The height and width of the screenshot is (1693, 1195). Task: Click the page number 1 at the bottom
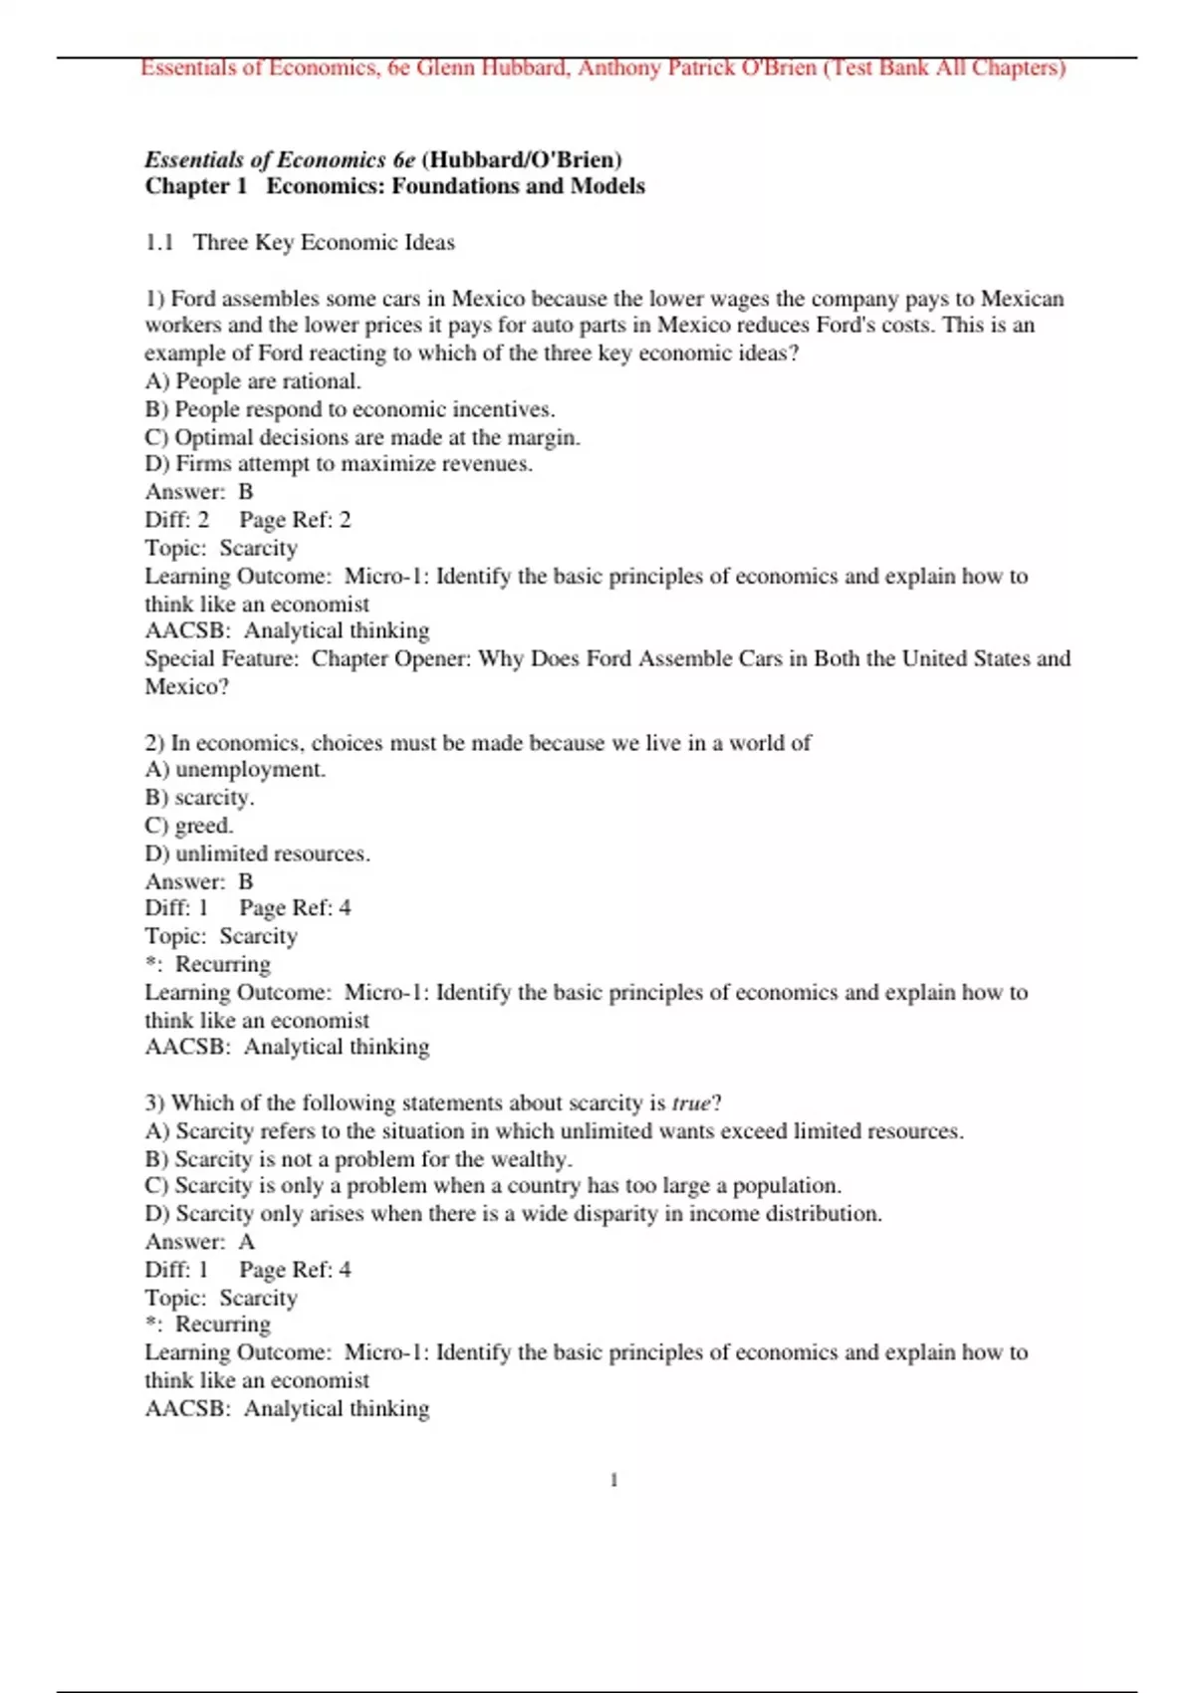pyautogui.click(x=613, y=1480)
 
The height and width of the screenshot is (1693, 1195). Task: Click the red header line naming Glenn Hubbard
pyautogui.click(x=602, y=68)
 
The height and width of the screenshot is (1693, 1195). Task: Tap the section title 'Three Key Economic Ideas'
pyautogui.click(x=324, y=242)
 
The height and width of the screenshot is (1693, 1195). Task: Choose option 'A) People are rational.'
pyautogui.click(x=253, y=380)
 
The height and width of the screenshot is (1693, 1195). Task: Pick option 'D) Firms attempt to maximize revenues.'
pyautogui.click(x=339, y=463)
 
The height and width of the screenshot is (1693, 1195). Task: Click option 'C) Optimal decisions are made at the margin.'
pyautogui.click(x=362, y=436)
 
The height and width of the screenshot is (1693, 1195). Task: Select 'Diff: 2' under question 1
pyautogui.click(x=177, y=519)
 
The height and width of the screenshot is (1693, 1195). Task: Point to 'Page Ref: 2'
pyautogui.click(x=295, y=519)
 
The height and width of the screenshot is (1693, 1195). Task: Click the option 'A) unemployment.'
pyautogui.click(x=235, y=769)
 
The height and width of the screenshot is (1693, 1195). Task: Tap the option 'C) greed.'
pyautogui.click(x=189, y=825)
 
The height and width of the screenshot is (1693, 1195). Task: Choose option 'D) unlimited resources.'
pyautogui.click(x=257, y=853)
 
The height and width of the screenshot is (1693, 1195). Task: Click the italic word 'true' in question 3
pyautogui.click(x=691, y=1103)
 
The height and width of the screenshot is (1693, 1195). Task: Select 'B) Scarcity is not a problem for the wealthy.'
pyautogui.click(x=358, y=1158)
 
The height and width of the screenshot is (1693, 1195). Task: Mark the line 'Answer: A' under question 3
pyautogui.click(x=200, y=1241)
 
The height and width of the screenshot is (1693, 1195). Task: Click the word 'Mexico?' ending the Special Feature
pyautogui.click(x=186, y=686)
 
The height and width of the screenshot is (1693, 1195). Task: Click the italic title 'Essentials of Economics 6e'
pyautogui.click(x=280, y=159)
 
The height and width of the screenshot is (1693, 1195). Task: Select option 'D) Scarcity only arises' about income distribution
pyautogui.click(x=513, y=1213)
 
